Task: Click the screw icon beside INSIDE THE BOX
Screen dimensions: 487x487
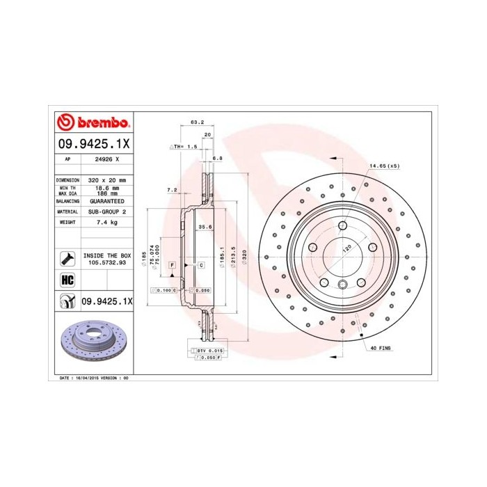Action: [x=67, y=259]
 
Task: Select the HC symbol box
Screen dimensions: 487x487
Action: [x=67, y=280]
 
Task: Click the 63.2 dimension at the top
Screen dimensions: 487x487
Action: [x=197, y=123]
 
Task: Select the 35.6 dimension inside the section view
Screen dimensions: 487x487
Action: [x=205, y=227]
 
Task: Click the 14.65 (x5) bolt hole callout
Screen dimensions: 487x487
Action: [x=385, y=166]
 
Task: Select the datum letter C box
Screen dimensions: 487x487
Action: [x=200, y=266]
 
